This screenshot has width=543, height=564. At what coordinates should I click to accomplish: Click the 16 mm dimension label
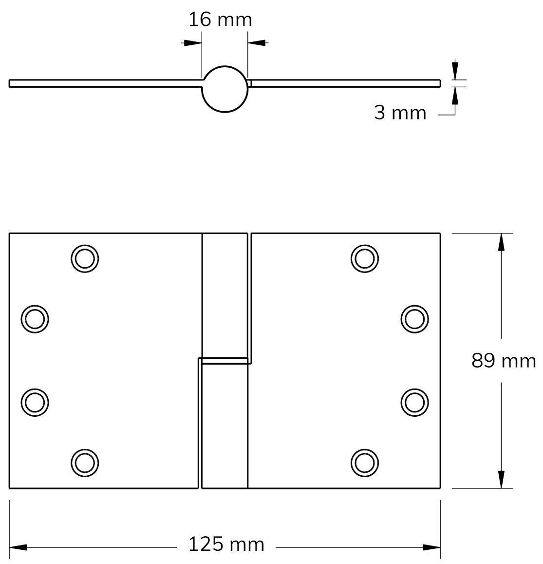click(x=220, y=19)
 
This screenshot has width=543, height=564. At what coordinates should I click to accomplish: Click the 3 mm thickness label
click(x=400, y=113)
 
